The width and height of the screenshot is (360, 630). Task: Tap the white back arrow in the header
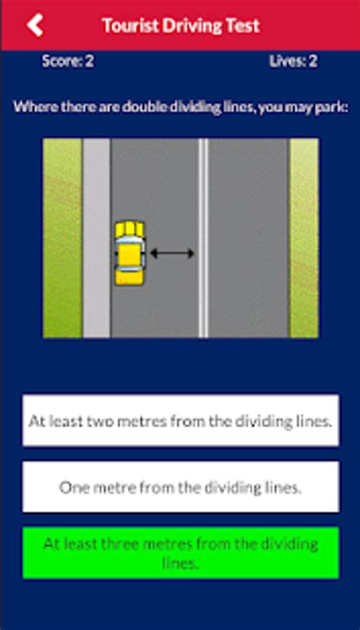coord(35,25)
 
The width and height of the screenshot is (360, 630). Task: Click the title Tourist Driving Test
coord(181,25)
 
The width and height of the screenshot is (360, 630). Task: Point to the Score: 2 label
coord(68,62)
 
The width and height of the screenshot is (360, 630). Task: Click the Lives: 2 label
coord(293,62)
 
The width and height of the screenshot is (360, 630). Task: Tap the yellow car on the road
coord(129,253)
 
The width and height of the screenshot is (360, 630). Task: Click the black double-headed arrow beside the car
coord(172,253)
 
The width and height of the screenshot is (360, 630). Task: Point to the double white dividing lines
coord(203,238)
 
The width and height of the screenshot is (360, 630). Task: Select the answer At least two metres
coord(181,420)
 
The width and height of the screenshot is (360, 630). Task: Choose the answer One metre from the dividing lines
coord(181,487)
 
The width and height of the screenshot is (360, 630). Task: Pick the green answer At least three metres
coord(181,552)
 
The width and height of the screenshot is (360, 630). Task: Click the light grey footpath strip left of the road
coord(96,238)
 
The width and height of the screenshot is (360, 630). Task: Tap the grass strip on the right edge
coord(304,238)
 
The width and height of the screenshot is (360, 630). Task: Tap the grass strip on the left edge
coord(62,238)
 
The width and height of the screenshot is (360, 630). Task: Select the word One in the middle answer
coord(73,487)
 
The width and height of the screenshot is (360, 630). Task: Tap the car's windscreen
coord(129,243)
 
